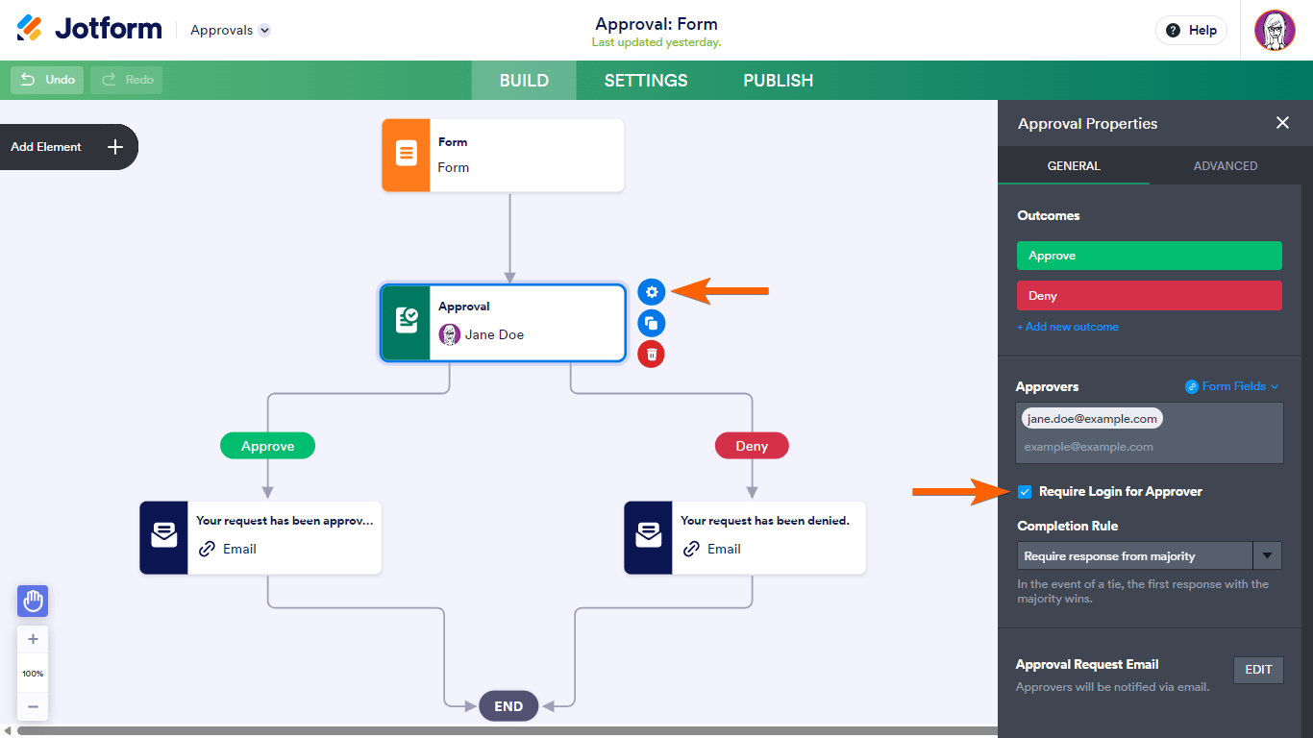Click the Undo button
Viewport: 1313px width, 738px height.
pos(48,80)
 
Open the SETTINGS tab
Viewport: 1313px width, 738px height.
pos(646,81)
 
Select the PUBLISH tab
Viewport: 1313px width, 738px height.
pos(778,81)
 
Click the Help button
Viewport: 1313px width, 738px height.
pos(1191,31)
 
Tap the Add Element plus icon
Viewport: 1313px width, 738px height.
pos(115,147)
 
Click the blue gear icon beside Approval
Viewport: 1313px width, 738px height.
pos(652,292)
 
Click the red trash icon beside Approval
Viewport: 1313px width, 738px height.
pos(652,355)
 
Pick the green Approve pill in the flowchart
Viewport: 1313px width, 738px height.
pos(267,446)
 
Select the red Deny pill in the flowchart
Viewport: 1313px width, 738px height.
pos(752,446)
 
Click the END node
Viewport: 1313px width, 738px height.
pos(508,706)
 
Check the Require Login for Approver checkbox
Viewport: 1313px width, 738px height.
pos(1025,492)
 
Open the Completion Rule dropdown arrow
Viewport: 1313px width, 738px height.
pos(1268,555)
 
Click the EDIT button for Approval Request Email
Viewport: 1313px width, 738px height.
pos(1258,670)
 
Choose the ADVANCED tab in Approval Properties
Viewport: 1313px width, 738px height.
pos(1226,166)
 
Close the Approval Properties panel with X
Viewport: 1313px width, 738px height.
pos(1282,123)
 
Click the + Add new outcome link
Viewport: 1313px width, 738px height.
pos(1068,327)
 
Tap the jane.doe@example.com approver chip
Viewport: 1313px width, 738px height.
pos(1092,419)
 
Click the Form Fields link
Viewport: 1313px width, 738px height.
pos(1233,386)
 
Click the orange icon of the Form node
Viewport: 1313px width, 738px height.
pos(407,155)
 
